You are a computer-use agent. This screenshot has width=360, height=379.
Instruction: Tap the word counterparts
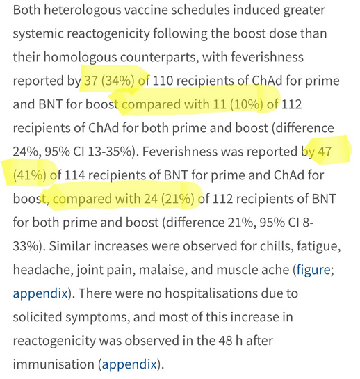click(x=159, y=57)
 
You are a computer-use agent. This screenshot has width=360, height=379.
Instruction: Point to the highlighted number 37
click(x=91, y=81)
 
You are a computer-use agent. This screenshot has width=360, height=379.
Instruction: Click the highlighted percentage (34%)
click(x=117, y=81)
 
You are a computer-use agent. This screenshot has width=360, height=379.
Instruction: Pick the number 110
click(x=163, y=81)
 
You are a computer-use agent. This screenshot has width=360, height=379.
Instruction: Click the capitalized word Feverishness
click(x=179, y=152)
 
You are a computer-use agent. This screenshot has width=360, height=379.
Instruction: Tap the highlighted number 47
click(x=325, y=152)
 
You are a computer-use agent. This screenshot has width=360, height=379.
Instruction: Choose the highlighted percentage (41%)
click(x=29, y=175)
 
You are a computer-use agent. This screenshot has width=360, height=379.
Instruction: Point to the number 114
click(x=74, y=175)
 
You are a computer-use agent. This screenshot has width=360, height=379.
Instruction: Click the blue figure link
click(x=313, y=270)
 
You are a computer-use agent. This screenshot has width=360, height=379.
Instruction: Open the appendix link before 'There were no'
click(x=40, y=293)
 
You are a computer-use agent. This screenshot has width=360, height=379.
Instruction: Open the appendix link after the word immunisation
click(x=129, y=364)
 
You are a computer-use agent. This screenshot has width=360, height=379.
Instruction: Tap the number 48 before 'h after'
click(x=225, y=341)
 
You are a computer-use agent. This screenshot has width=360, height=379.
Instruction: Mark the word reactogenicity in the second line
click(x=108, y=34)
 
